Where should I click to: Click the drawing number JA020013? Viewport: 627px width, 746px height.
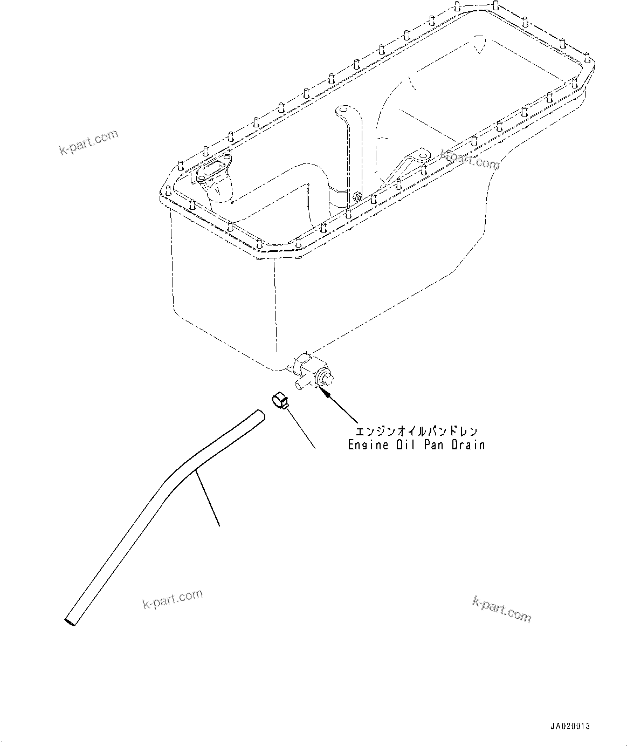570,726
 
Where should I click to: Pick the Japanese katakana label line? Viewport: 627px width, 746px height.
416,432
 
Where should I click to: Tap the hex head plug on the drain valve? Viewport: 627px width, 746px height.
325,377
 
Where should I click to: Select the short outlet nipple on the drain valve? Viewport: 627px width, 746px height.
298,385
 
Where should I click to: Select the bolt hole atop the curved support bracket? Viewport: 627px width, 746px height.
340,111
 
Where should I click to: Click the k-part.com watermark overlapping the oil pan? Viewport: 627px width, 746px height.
470,159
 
